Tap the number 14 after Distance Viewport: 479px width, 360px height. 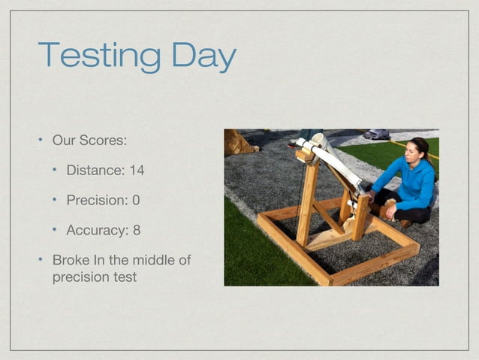click(x=136, y=171)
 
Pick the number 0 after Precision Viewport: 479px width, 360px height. click(x=136, y=201)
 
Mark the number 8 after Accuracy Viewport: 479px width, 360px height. click(x=137, y=230)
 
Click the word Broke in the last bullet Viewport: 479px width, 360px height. click(x=70, y=260)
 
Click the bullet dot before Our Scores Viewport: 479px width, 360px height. click(x=41, y=141)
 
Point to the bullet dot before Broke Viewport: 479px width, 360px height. click(x=41, y=260)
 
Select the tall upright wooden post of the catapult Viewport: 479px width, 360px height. click(x=307, y=199)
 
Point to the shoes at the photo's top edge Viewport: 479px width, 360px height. click(x=377, y=134)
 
